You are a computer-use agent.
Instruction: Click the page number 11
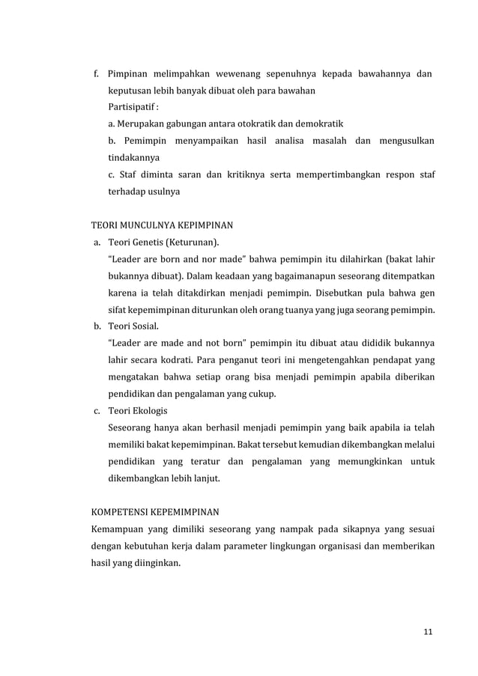428,632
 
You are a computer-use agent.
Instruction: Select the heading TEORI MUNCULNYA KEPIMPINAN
162,223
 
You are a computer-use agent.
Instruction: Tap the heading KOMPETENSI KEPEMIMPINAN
155,513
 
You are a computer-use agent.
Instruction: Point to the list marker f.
95,74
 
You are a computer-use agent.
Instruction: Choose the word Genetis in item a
148,242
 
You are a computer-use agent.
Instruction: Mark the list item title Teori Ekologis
138,411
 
